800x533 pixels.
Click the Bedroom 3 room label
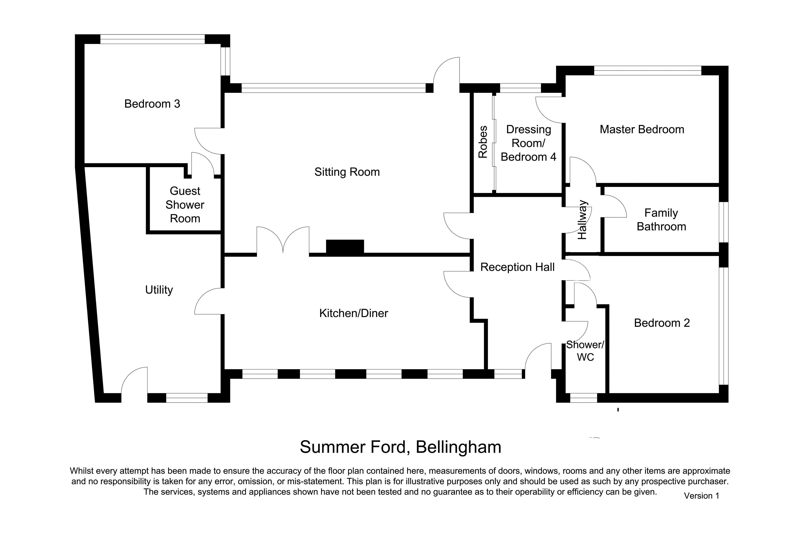click(152, 104)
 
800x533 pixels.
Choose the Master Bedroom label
click(642, 130)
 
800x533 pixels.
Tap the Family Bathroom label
click(661, 220)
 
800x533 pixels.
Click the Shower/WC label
click(585, 351)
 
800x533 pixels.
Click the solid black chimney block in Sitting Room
click(345, 246)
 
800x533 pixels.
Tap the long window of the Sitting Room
click(333, 88)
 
